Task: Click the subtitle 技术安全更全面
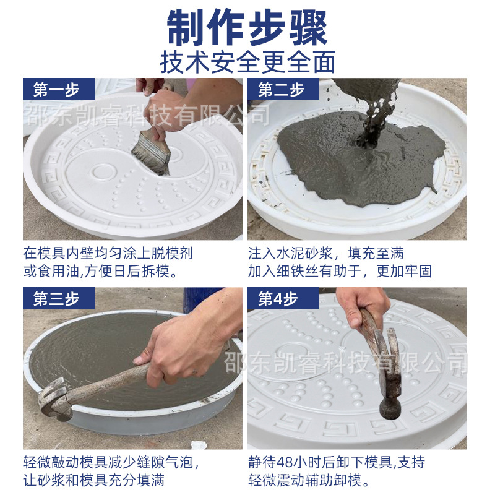click(247, 62)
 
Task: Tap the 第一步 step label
click(56, 90)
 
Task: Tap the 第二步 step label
click(282, 90)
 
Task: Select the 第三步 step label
click(56, 299)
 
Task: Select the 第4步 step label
click(278, 299)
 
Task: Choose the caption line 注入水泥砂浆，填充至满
click(327, 254)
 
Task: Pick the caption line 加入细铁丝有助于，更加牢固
click(340, 271)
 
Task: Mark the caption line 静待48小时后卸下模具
click(337, 463)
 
